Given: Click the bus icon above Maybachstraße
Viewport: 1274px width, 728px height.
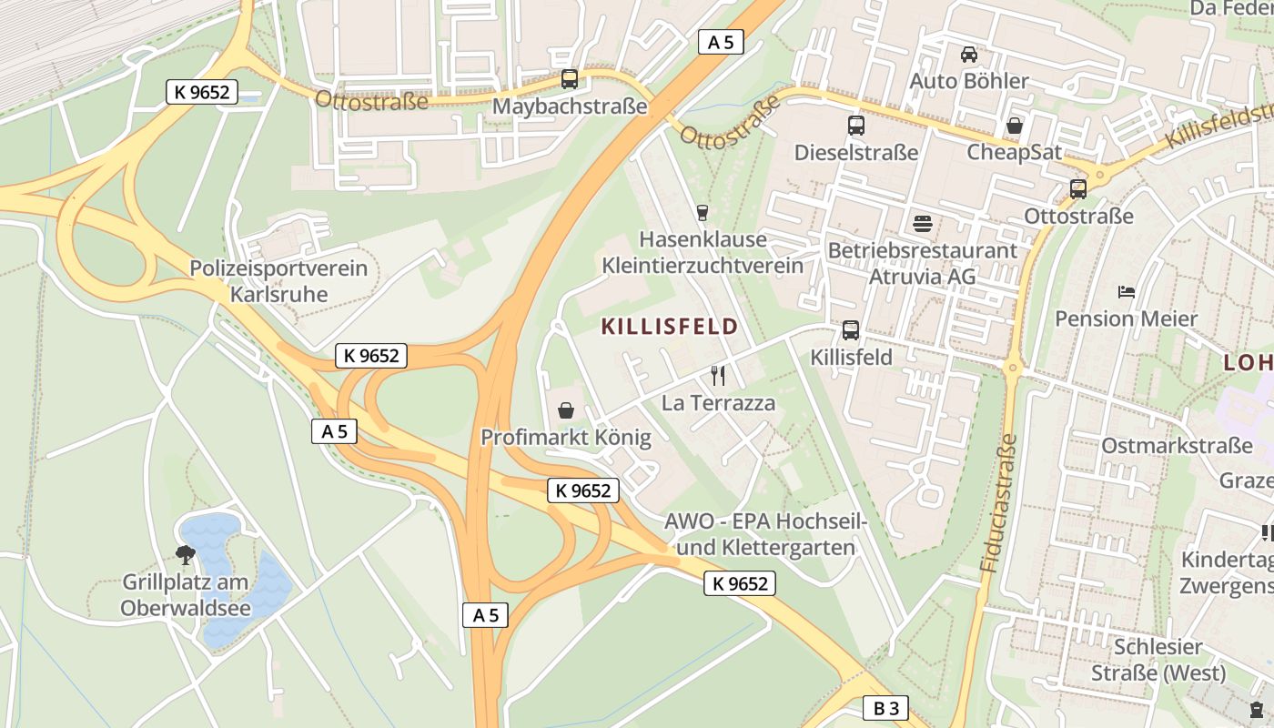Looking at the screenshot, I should click(x=570, y=79).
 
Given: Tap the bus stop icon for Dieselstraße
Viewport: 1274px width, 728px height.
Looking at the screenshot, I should click(x=856, y=126).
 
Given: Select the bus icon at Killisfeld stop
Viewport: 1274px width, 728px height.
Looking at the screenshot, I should click(x=851, y=330).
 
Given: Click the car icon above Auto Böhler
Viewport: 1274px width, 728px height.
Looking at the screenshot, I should click(x=969, y=55).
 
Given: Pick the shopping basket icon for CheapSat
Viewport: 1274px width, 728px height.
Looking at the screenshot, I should click(x=1014, y=126).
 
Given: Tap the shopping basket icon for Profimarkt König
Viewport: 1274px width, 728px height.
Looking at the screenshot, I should click(x=566, y=411).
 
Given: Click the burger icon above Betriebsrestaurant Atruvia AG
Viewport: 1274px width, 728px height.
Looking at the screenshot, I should click(x=923, y=224).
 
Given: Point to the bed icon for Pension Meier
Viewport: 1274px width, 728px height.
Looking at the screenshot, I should click(x=1127, y=292).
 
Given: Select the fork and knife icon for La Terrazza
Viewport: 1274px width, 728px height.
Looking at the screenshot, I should click(x=718, y=375).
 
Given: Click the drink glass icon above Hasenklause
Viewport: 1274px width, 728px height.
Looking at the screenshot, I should click(x=702, y=213).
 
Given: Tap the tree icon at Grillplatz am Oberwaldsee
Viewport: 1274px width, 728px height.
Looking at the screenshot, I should click(x=186, y=554).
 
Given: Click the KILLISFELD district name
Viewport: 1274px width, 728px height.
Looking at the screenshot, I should click(x=670, y=327).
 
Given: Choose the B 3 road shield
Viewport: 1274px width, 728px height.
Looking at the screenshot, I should click(x=885, y=709).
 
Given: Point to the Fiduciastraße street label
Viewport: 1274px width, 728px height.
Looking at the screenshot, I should click(x=999, y=502).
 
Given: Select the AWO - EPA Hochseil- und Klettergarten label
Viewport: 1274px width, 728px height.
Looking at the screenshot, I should click(x=760, y=535).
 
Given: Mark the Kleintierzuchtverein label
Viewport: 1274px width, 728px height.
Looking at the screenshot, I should click(x=703, y=266).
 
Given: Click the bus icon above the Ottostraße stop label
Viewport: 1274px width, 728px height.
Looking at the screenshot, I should click(x=1078, y=189).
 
